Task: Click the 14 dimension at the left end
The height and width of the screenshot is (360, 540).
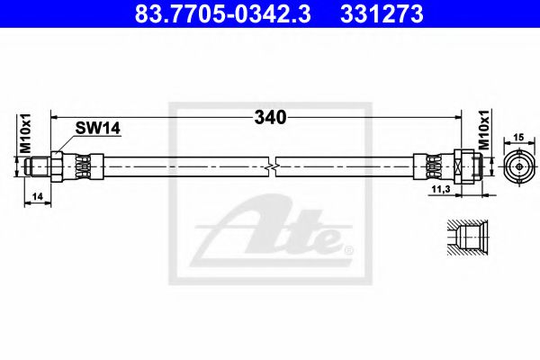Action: click(36, 195)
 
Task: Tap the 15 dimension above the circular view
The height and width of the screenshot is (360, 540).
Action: click(517, 138)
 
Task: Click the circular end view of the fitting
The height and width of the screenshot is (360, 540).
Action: click(517, 166)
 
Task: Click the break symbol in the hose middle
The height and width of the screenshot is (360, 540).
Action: click(273, 166)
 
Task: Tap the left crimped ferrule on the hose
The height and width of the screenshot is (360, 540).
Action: click(79, 166)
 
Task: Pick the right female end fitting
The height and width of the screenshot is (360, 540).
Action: click(470, 166)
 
